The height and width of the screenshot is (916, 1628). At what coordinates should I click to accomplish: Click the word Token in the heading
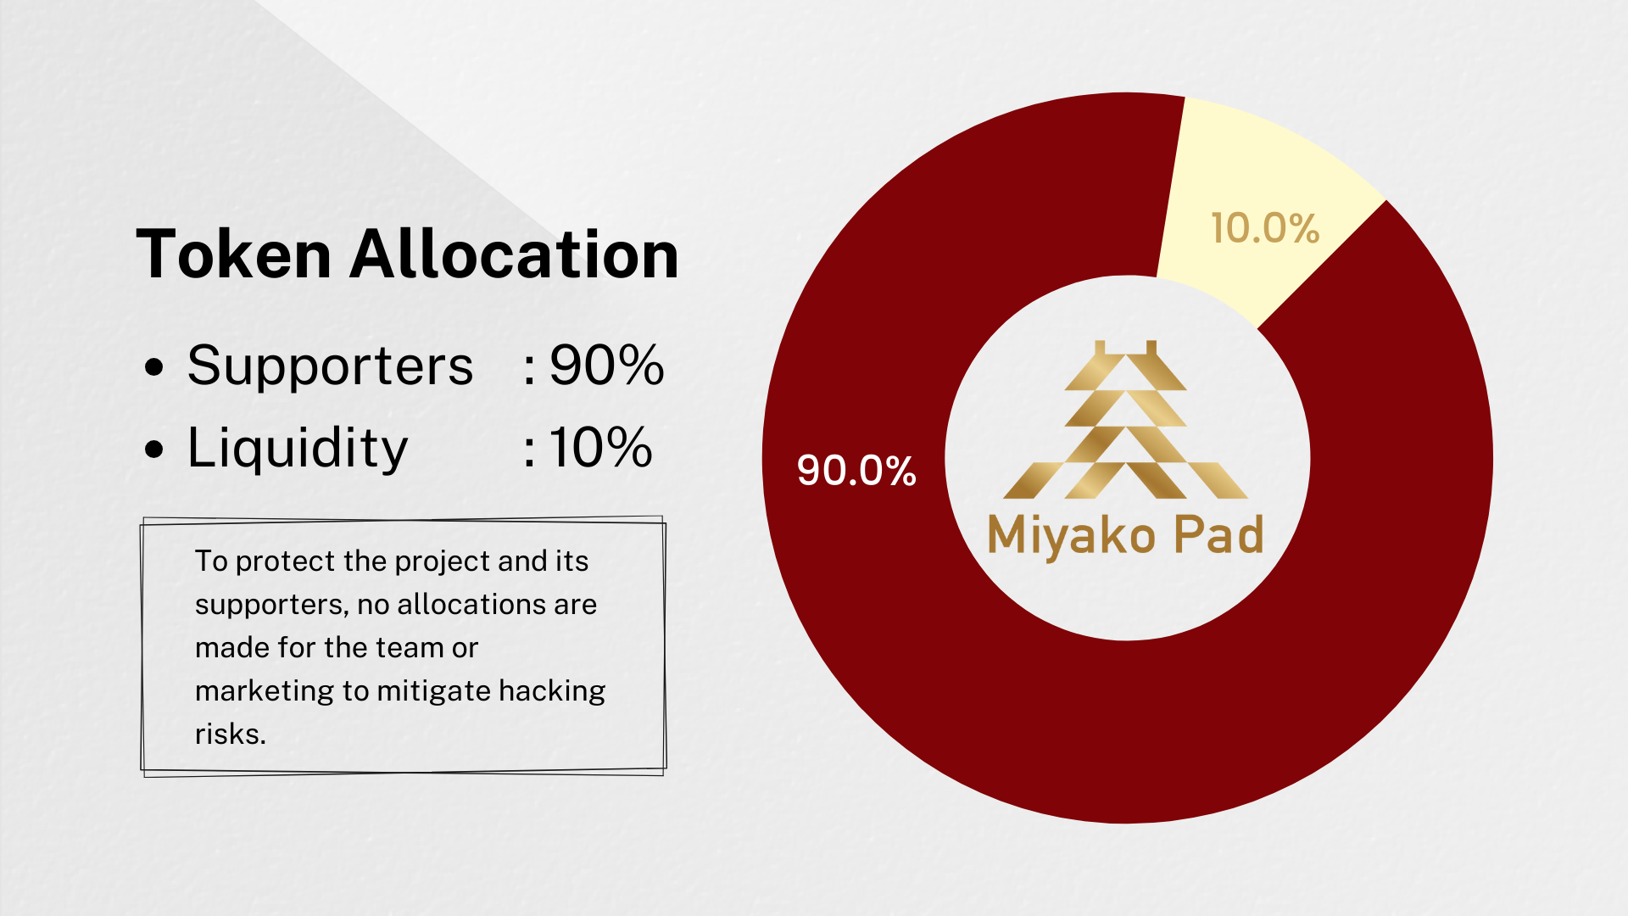tap(234, 254)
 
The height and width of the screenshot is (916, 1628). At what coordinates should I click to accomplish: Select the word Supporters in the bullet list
tap(330, 367)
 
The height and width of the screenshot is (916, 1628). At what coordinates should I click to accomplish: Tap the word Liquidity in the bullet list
tap(298, 448)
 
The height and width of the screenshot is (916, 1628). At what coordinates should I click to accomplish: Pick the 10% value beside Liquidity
tap(601, 447)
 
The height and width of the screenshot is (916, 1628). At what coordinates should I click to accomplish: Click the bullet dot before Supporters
tap(154, 368)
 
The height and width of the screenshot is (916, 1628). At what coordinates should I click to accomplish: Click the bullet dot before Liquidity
tap(154, 450)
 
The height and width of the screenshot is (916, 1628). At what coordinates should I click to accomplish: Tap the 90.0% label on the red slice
tap(856, 470)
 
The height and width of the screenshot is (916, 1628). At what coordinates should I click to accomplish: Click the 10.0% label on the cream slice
tap(1265, 228)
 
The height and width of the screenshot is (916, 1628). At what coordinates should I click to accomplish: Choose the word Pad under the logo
tap(1218, 534)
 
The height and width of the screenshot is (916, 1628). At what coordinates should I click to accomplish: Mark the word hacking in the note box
tap(552, 692)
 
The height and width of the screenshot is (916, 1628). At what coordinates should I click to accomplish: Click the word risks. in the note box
tap(231, 734)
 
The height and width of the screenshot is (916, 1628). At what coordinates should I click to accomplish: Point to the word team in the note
tap(408, 648)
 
